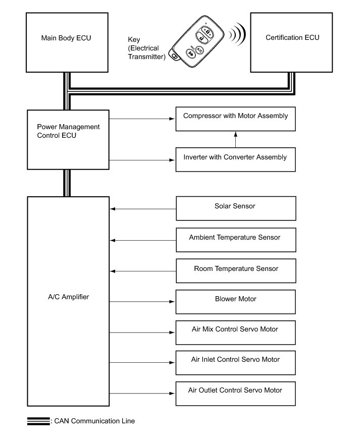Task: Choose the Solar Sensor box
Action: click(235, 208)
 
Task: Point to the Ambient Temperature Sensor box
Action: click(235, 240)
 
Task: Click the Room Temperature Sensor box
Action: click(235, 271)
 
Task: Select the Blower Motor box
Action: click(235, 302)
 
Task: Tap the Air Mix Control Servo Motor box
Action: click(235, 332)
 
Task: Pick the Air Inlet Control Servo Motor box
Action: click(235, 362)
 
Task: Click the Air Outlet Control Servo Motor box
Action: click(235, 394)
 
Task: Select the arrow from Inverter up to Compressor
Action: click(235, 140)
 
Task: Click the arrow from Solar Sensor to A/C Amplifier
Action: click(142, 208)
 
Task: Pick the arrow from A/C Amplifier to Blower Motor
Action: click(142, 302)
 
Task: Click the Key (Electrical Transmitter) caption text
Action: click(147, 48)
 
